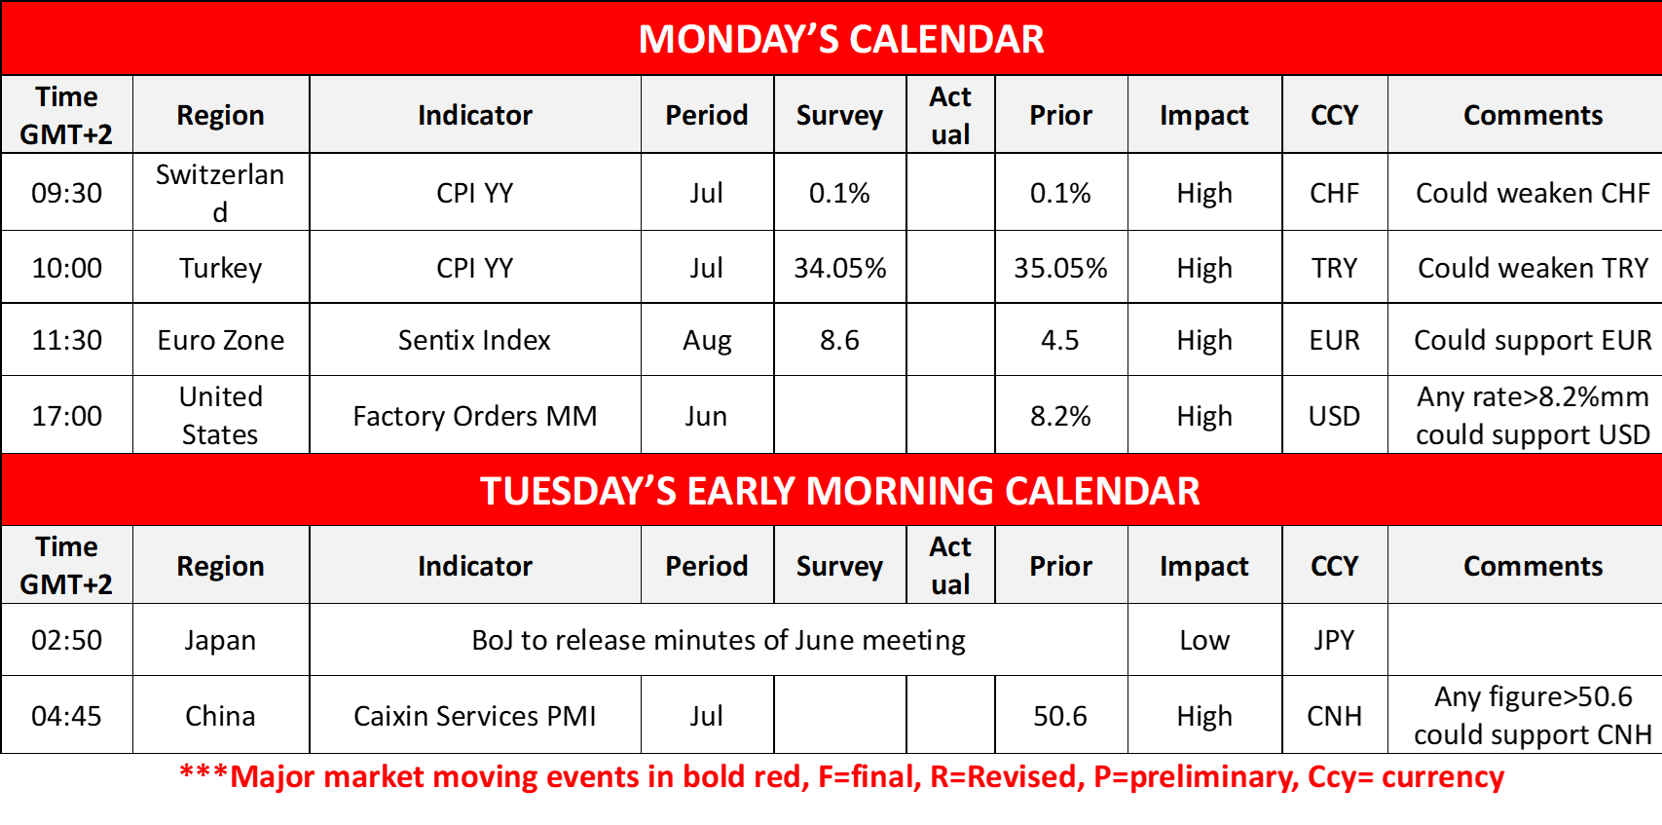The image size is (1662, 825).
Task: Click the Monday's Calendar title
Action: point(840,39)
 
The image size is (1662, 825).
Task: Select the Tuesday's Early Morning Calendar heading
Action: point(839,491)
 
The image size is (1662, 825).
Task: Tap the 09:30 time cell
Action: point(67,193)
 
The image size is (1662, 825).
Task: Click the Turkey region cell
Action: point(220,268)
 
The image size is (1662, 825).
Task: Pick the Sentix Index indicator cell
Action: point(474,340)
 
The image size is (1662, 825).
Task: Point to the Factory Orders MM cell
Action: point(475,416)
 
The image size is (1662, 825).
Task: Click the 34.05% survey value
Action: point(840,268)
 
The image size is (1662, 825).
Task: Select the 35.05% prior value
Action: point(1060,268)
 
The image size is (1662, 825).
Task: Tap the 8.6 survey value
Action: point(839,340)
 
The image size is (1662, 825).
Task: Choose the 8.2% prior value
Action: point(1060,416)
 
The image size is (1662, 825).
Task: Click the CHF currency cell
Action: point(1334,193)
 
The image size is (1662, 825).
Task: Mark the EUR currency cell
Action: point(1334,340)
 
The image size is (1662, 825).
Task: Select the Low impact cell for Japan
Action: point(1204,640)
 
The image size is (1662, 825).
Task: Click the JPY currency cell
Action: point(1334,640)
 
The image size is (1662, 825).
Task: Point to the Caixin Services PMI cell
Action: point(475,716)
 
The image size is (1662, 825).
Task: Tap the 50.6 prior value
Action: point(1060,716)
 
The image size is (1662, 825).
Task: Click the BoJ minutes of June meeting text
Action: point(719,640)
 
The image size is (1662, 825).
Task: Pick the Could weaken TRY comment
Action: point(1533,268)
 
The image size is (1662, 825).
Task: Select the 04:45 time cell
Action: point(67,716)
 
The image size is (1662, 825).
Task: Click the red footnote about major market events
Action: point(841,776)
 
